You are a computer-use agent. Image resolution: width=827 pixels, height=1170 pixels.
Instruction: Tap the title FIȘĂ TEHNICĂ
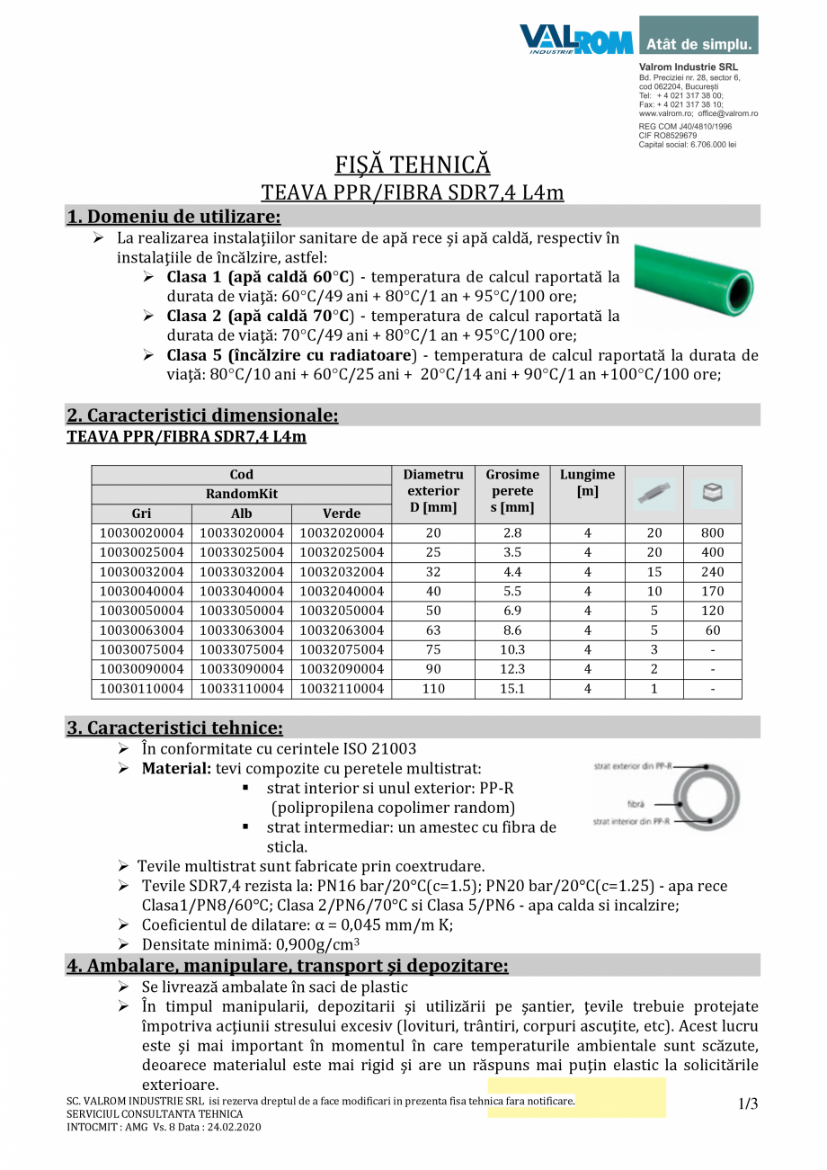[413, 165]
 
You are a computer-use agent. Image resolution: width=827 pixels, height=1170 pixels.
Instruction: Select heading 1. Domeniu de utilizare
[173, 217]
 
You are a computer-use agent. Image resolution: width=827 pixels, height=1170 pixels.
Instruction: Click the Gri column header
[141, 514]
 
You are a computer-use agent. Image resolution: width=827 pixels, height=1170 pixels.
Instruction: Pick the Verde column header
[342, 514]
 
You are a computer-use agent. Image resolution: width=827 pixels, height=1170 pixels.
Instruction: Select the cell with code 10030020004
[141, 533]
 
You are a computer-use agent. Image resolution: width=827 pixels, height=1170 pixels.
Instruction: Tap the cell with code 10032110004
[342, 690]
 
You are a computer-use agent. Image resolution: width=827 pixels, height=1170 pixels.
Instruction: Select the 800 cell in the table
[713, 533]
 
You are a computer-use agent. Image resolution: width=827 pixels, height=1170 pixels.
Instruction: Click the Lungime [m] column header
[588, 483]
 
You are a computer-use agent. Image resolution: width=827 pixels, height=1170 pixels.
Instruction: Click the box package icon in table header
[713, 492]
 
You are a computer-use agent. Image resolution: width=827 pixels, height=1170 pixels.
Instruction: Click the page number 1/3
[748, 1104]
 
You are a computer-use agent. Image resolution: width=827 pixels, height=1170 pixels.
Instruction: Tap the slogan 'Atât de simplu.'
[698, 43]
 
